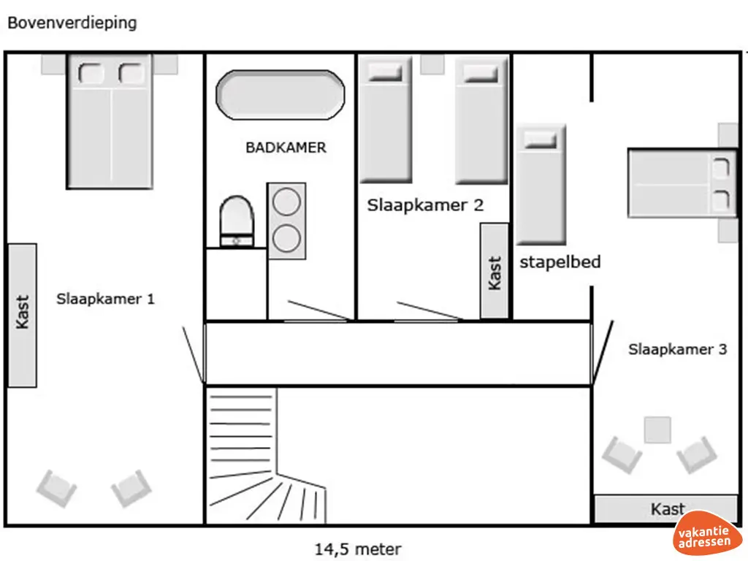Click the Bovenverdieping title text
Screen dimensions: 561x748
72,23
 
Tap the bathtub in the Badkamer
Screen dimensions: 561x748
280,95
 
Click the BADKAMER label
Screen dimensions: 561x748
286,148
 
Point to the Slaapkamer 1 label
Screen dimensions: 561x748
105,299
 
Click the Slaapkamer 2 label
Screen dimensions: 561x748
425,205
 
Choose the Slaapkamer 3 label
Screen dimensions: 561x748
677,349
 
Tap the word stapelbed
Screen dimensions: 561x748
560,262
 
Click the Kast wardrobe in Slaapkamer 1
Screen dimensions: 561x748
22,314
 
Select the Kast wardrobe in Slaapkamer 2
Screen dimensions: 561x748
495,271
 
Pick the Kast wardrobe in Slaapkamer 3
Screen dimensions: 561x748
665,508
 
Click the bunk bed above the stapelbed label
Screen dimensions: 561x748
541,185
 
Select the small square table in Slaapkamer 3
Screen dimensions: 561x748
657,430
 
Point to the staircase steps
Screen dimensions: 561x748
248,453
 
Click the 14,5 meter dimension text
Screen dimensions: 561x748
358,549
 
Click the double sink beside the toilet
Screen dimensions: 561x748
286,221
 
